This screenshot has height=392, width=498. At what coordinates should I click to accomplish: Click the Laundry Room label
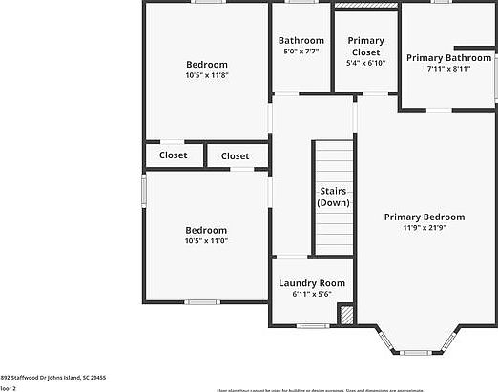click(x=311, y=283)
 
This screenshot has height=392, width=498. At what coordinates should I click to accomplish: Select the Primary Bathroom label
click(x=448, y=58)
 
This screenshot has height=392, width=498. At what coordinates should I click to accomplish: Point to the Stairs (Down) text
click(x=333, y=196)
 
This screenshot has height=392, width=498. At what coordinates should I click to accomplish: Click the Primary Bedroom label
click(x=425, y=217)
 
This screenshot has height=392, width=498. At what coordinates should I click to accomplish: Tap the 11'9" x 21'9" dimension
click(x=425, y=228)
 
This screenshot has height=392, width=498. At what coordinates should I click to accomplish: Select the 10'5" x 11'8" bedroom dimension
click(x=206, y=75)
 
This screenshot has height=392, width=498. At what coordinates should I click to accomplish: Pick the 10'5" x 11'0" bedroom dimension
click(x=206, y=240)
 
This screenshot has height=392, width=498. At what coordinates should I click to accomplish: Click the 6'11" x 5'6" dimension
click(x=311, y=295)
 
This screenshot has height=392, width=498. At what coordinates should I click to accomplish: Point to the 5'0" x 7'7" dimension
click(x=301, y=52)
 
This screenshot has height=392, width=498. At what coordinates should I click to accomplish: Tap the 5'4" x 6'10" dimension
click(x=365, y=64)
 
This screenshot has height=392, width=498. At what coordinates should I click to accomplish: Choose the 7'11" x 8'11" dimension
click(x=448, y=70)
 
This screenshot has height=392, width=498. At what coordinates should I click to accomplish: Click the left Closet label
click(x=174, y=155)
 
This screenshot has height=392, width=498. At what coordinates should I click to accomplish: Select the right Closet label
click(x=235, y=155)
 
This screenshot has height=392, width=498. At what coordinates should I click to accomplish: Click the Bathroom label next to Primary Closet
click(x=301, y=41)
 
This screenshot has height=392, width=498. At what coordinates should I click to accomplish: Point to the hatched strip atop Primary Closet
click(x=364, y=6)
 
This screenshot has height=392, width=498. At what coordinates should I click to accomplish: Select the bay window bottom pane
click(x=416, y=352)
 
